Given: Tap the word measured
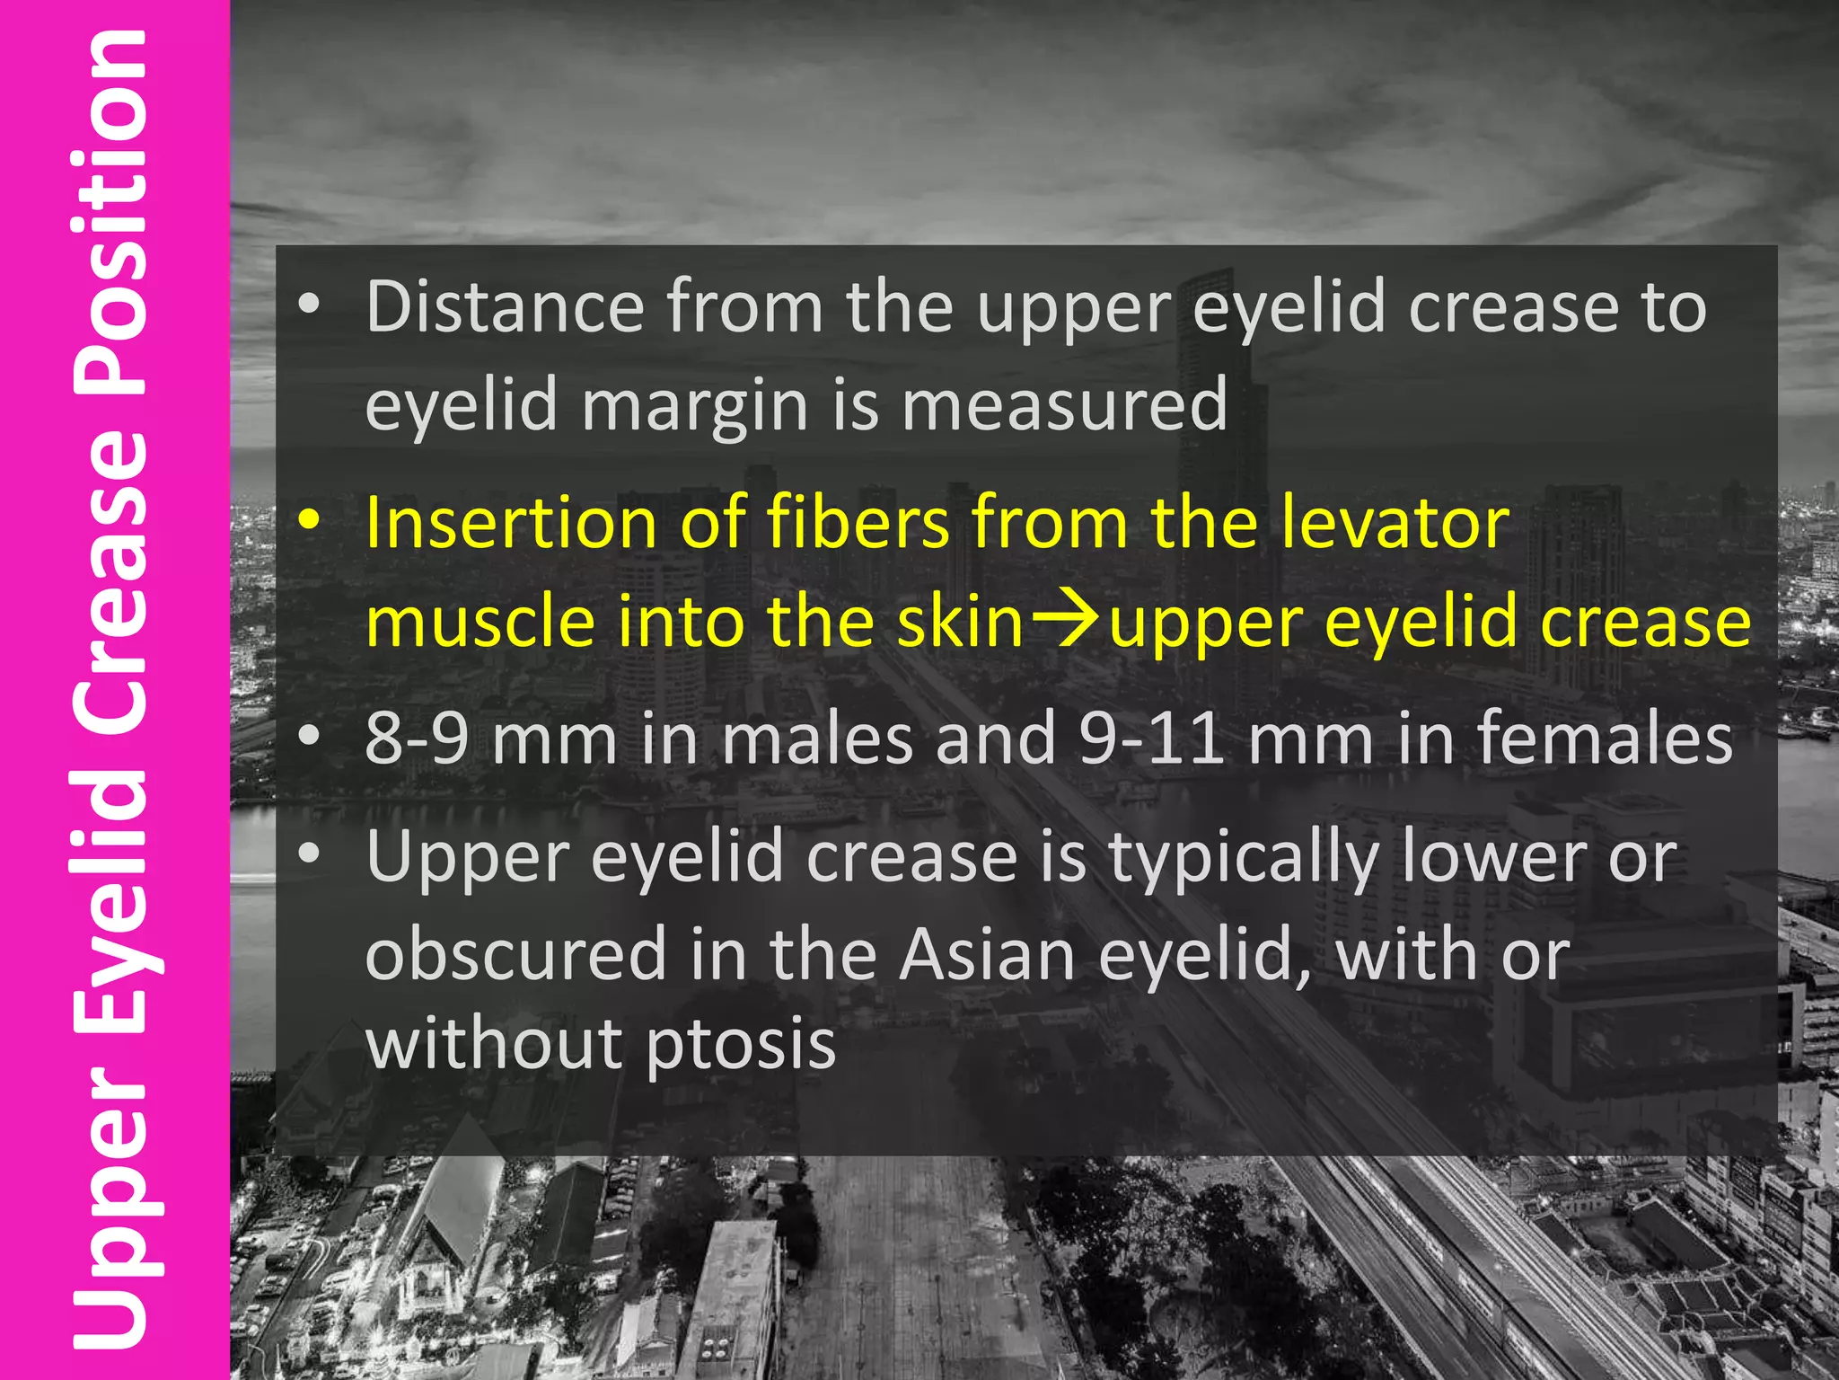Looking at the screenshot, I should [x=1064, y=404].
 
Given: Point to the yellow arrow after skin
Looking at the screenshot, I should [x=1066, y=620].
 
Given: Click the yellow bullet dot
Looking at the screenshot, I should [x=310, y=521].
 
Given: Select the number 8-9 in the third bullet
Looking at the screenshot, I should [x=417, y=738].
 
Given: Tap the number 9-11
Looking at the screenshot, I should [x=1151, y=738].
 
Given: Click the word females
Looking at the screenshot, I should [x=1605, y=738].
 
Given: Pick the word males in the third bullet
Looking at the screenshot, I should [x=817, y=738].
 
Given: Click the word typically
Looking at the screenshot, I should [x=1244, y=858].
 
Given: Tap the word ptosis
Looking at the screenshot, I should [x=741, y=1046].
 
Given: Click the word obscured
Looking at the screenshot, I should [x=516, y=954].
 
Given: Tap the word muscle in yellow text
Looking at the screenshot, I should [x=480, y=622].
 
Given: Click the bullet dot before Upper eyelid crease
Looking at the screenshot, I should [x=310, y=854].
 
